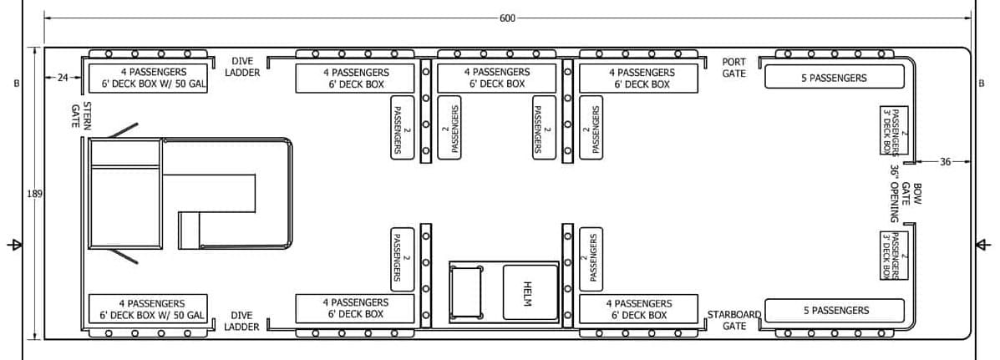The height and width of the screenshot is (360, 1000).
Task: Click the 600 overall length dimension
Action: (x=508, y=18)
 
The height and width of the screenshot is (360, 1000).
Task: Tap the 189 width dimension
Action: (x=34, y=194)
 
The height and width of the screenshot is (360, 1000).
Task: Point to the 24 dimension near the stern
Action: (x=63, y=78)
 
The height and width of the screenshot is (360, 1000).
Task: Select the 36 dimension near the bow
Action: (x=945, y=162)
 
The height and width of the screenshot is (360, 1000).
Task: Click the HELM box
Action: (x=530, y=292)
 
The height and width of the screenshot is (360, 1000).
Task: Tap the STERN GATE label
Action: (x=81, y=115)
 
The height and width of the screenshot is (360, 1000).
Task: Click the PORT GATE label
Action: (x=734, y=68)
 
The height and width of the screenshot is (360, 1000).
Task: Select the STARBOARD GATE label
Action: (x=734, y=320)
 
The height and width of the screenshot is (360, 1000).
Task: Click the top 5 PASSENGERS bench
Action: (x=835, y=77)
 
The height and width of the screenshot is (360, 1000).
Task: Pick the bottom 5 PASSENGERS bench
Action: (x=835, y=310)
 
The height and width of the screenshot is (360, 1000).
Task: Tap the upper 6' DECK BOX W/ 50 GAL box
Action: (x=148, y=78)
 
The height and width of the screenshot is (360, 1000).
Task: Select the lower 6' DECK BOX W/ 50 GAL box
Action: (x=148, y=308)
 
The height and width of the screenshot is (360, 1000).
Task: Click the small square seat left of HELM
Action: (x=466, y=292)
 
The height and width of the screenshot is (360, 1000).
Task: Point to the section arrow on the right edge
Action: (x=983, y=245)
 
